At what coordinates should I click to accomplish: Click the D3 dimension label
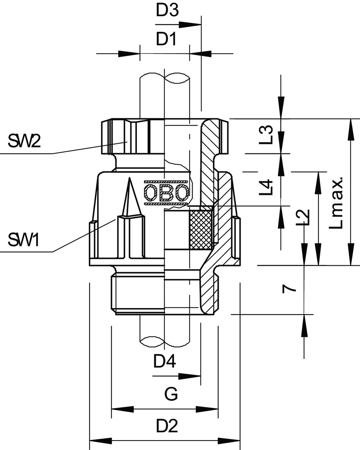[x=167, y=11]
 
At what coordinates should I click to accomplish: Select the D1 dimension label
[x=166, y=39]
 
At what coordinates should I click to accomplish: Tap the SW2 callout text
[x=24, y=141]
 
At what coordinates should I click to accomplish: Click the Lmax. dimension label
[x=336, y=203]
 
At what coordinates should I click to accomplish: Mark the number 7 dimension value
[x=289, y=289]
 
